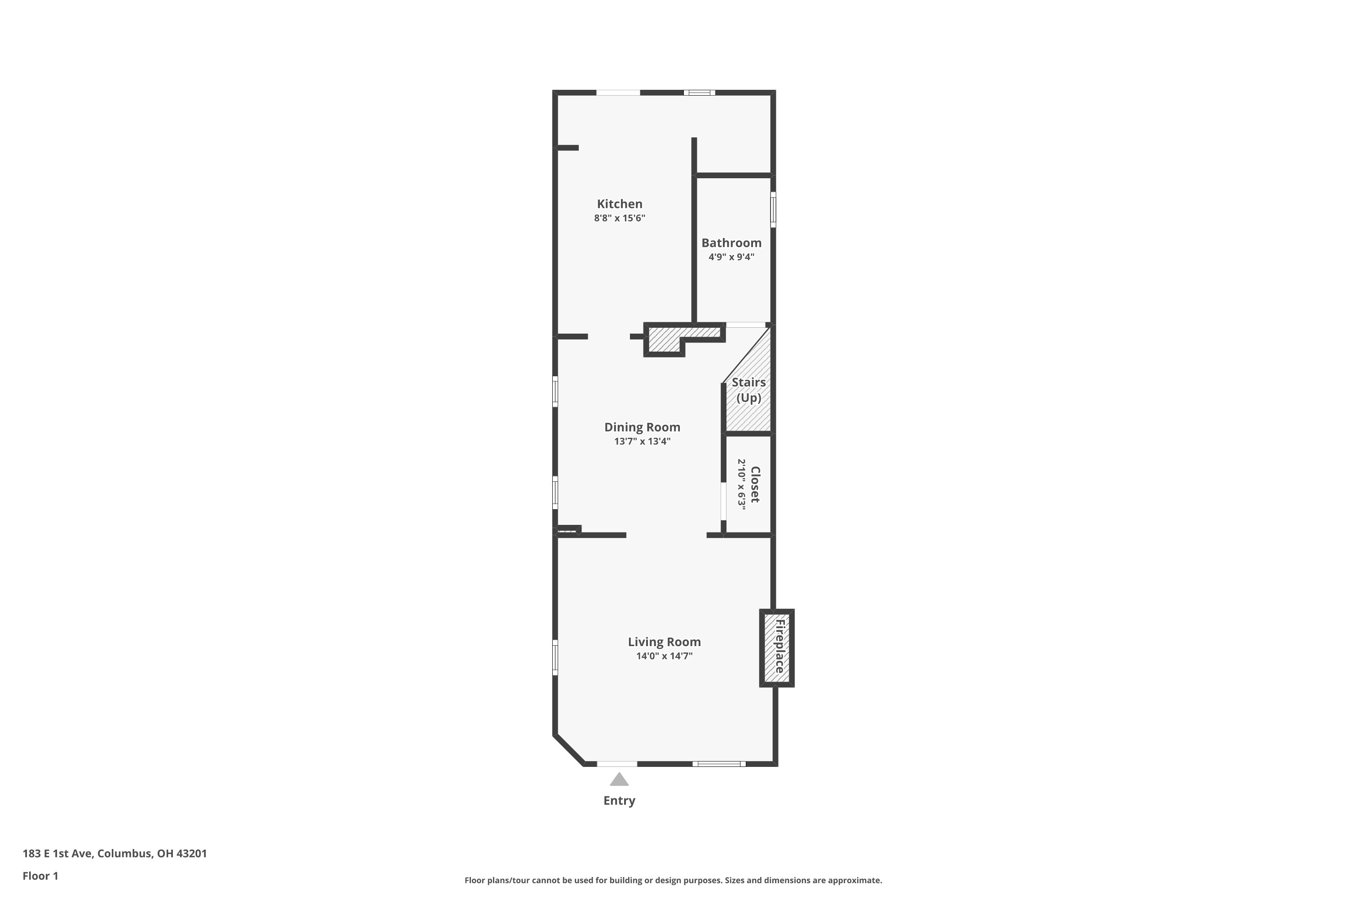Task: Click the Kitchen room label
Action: click(619, 204)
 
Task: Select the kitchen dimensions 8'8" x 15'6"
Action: click(619, 218)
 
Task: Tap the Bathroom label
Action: click(731, 243)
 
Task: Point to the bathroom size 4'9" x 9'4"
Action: click(731, 257)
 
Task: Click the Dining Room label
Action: click(642, 427)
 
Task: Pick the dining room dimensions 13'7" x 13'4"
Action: click(642, 441)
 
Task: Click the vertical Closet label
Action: click(755, 484)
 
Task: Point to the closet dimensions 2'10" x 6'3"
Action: click(742, 484)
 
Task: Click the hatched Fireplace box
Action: click(777, 648)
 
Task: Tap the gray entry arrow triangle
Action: click(619, 780)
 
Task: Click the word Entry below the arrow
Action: click(619, 801)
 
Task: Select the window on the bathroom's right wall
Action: click(773, 210)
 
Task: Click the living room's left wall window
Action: click(555, 657)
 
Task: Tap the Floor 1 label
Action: click(40, 876)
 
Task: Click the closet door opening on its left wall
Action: click(723, 501)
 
